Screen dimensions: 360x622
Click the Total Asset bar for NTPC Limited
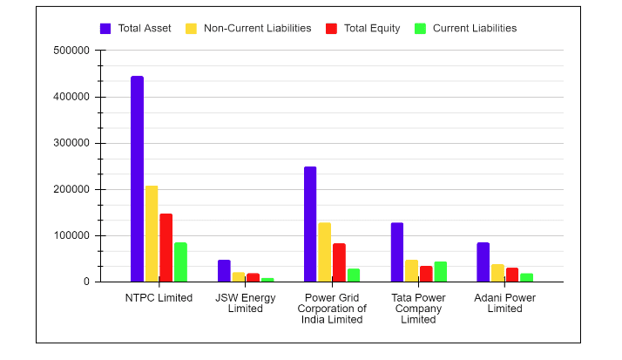pos(137,179)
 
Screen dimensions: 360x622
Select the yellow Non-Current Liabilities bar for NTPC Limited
pos(152,234)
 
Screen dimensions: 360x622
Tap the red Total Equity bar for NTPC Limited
pos(166,248)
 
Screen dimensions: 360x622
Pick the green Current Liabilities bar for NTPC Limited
pos(180,262)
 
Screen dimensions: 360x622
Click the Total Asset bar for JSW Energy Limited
pos(224,271)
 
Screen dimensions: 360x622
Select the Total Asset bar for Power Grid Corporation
pos(310,224)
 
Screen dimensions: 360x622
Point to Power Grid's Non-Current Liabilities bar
pos(324,252)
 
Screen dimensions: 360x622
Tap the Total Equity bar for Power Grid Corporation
pos(339,262)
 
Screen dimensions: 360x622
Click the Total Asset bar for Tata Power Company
pos(397,252)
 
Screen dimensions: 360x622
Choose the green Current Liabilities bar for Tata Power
pos(440,272)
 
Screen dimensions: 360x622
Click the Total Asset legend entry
pos(135,28)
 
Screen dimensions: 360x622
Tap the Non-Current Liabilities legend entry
pos(248,28)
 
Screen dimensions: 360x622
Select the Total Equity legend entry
pos(363,28)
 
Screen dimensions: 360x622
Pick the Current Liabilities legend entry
pos(465,28)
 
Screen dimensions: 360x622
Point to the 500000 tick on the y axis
pos(72,51)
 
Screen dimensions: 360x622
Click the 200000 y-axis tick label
pos(72,189)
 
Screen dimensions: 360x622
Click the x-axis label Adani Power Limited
pos(505,303)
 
